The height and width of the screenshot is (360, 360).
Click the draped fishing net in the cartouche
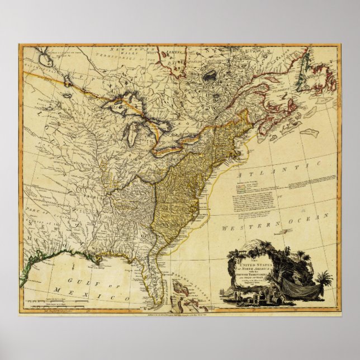(308, 291)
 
